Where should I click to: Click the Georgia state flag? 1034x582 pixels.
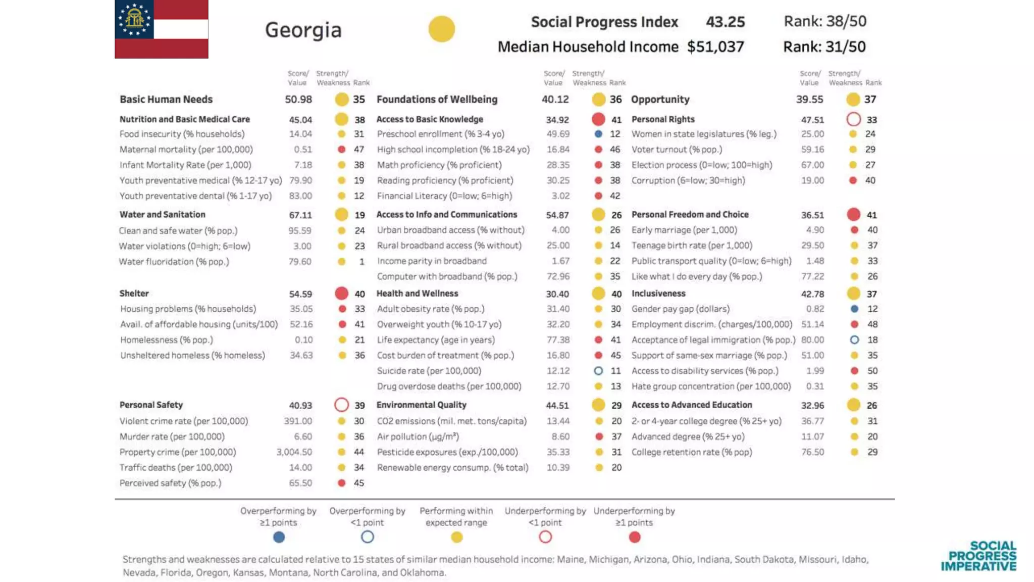click(161, 29)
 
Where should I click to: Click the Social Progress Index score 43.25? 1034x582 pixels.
click(725, 22)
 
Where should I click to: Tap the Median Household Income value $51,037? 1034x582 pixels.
click(715, 47)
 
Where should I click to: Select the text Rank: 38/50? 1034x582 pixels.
click(824, 21)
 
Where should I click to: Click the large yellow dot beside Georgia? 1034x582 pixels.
click(441, 29)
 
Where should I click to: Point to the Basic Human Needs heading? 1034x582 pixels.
click(166, 100)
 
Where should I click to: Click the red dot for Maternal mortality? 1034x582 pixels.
click(342, 150)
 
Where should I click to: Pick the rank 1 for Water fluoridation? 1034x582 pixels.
click(361, 262)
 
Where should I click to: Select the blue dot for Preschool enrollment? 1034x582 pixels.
click(598, 134)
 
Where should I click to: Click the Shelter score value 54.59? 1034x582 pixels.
click(300, 294)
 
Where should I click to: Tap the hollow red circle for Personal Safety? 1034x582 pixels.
click(342, 405)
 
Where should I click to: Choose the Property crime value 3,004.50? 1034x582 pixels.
click(294, 452)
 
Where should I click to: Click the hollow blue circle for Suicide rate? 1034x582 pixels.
click(598, 371)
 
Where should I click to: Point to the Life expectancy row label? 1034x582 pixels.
click(436, 340)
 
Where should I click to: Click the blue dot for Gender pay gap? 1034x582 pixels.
click(854, 309)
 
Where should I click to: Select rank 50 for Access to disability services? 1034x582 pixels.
click(872, 371)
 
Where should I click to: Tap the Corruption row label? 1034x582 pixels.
click(688, 180)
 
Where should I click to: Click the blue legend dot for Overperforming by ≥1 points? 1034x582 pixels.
click(279, 537)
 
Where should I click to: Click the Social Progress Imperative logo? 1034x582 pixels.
click(978, 556)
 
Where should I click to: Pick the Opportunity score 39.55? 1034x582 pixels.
click(809, 100)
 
